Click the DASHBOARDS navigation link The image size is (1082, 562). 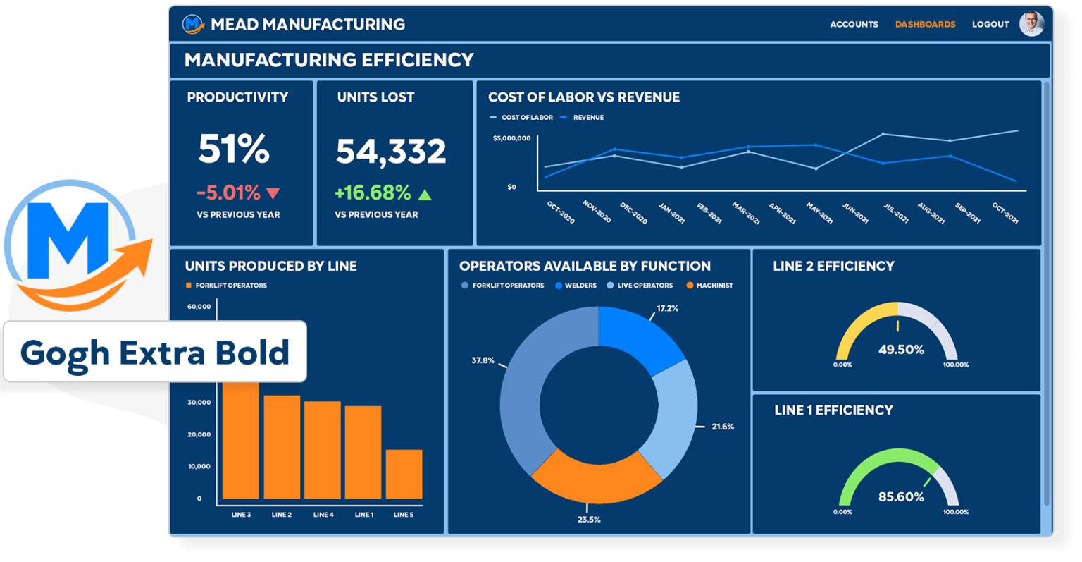[x=925, y=24]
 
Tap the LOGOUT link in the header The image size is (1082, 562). [x=990, y=24]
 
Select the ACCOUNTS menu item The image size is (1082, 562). [x=854, y=24]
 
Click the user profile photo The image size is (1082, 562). [x=1031, y=23]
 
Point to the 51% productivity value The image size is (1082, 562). [x=234, y=149]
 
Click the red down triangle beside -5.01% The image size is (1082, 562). [x=273, y=193]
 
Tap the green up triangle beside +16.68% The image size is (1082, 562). [x=425, y=194]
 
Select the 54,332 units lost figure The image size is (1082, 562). [x=391, y=152]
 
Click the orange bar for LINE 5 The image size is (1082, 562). [x=404, y=474]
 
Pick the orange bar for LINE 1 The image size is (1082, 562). [x=363, y=452]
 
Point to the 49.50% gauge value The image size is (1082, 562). [x=901, y=350]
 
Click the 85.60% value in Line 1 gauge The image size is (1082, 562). [x=901, y=497]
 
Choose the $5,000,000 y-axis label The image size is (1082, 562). [x=511, y=138]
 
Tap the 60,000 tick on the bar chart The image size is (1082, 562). [x=199, y=307]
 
